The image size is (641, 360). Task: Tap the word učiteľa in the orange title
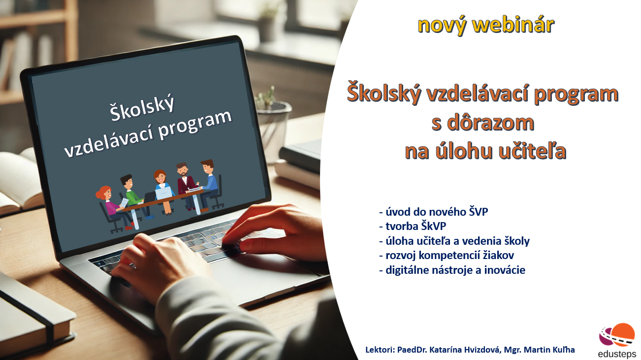533,151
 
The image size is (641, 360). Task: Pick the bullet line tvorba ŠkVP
413,227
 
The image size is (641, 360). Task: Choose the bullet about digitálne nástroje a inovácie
452,270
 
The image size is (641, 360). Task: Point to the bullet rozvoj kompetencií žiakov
447,256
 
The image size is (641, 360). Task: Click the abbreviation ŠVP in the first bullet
479,212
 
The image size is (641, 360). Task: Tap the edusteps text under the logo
617,354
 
